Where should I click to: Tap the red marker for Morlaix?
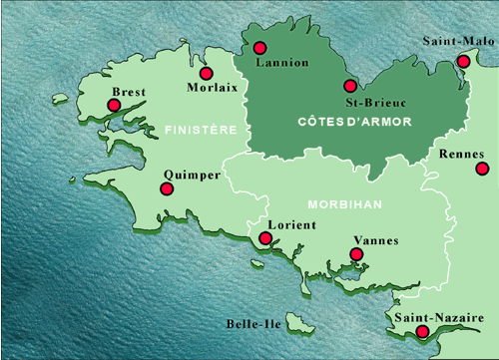click(207, 73)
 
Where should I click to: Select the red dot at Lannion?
click(260, 47)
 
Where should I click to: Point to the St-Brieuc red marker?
click(349, 86)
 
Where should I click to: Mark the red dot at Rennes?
click(482, 168)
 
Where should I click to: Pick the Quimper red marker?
click(167, 188)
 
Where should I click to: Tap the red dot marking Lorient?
click(264, 238)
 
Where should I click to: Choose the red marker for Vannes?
click(356, 254)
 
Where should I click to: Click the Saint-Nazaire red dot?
click(422, 331)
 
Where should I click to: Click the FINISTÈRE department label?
click(200, 130)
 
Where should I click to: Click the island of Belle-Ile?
click(297, 322)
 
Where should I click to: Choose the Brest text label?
click(130, 91)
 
